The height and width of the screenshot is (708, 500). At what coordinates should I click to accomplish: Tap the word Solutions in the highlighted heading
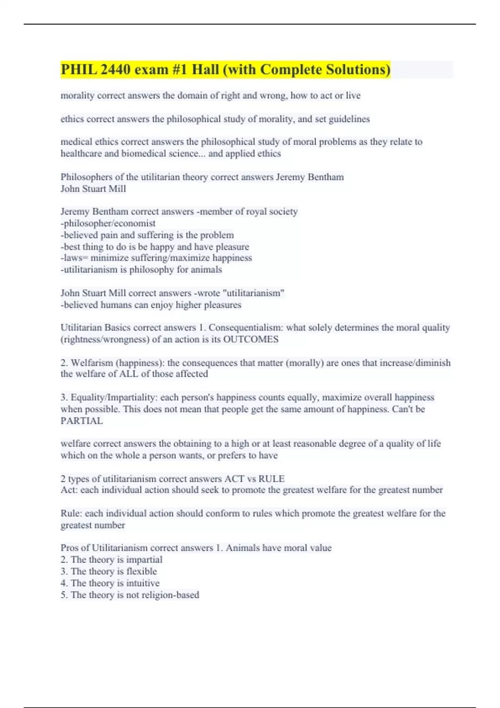coord(357,70)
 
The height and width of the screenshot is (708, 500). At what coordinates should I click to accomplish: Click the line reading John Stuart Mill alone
coord(93,189)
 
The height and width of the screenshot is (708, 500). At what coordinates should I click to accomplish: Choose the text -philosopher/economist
coord(108,223)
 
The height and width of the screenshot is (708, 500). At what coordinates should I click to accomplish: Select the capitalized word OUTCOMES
coord(251,339)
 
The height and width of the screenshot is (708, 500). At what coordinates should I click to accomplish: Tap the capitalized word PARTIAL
coord(82,421)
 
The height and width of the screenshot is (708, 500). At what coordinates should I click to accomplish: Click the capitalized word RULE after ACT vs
coord(271,479)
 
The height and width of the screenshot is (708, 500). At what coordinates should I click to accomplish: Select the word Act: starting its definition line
coord(69,490)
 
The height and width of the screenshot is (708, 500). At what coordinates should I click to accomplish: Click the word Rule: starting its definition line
coord(71,513)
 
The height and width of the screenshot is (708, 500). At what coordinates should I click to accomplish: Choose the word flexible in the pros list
coord(142,571)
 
